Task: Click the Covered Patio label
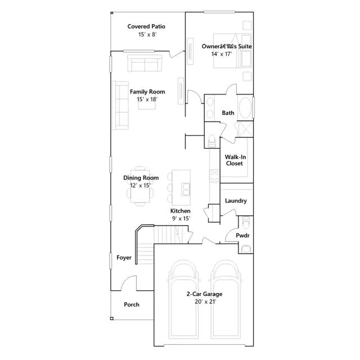pyautogui.click(x=146, y=26)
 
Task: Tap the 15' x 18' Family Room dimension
pyautogui.click(x=147, y=100)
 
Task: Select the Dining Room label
pyautogui.click(x=141, y=178)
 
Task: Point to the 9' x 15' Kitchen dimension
pyautogui.click(x=181, y=218)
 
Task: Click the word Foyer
pyautogui.click(x=124, y=258)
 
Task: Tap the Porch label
pyautogui.click(x=132, y=304)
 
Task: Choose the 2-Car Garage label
pyautogui.click(x=204, y=294)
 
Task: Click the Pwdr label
pyautogui.click(x=242, y=235)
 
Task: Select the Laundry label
pyautogui.click(x=236, y=201)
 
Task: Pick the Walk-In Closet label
pyautogui.click(x=235, y=160)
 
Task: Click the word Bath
pyautogui.click(x=228, y=112)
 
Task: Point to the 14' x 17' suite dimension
pyautogui.click(x=222, y=54)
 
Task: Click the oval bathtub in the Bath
pyautogui.click(x=245, y=107)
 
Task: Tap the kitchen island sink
pyautogui.click(x=186, y=189)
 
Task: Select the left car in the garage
pyautogui.click(x=183, y=299)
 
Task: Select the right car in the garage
pyautogui.click(x=226, y=299)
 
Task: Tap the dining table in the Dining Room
pyautogui.click(x=140, y=186)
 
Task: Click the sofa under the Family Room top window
pyautogui.click(x=145, y=63)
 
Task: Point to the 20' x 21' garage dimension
pyautogui.click(x=205, y=301)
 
